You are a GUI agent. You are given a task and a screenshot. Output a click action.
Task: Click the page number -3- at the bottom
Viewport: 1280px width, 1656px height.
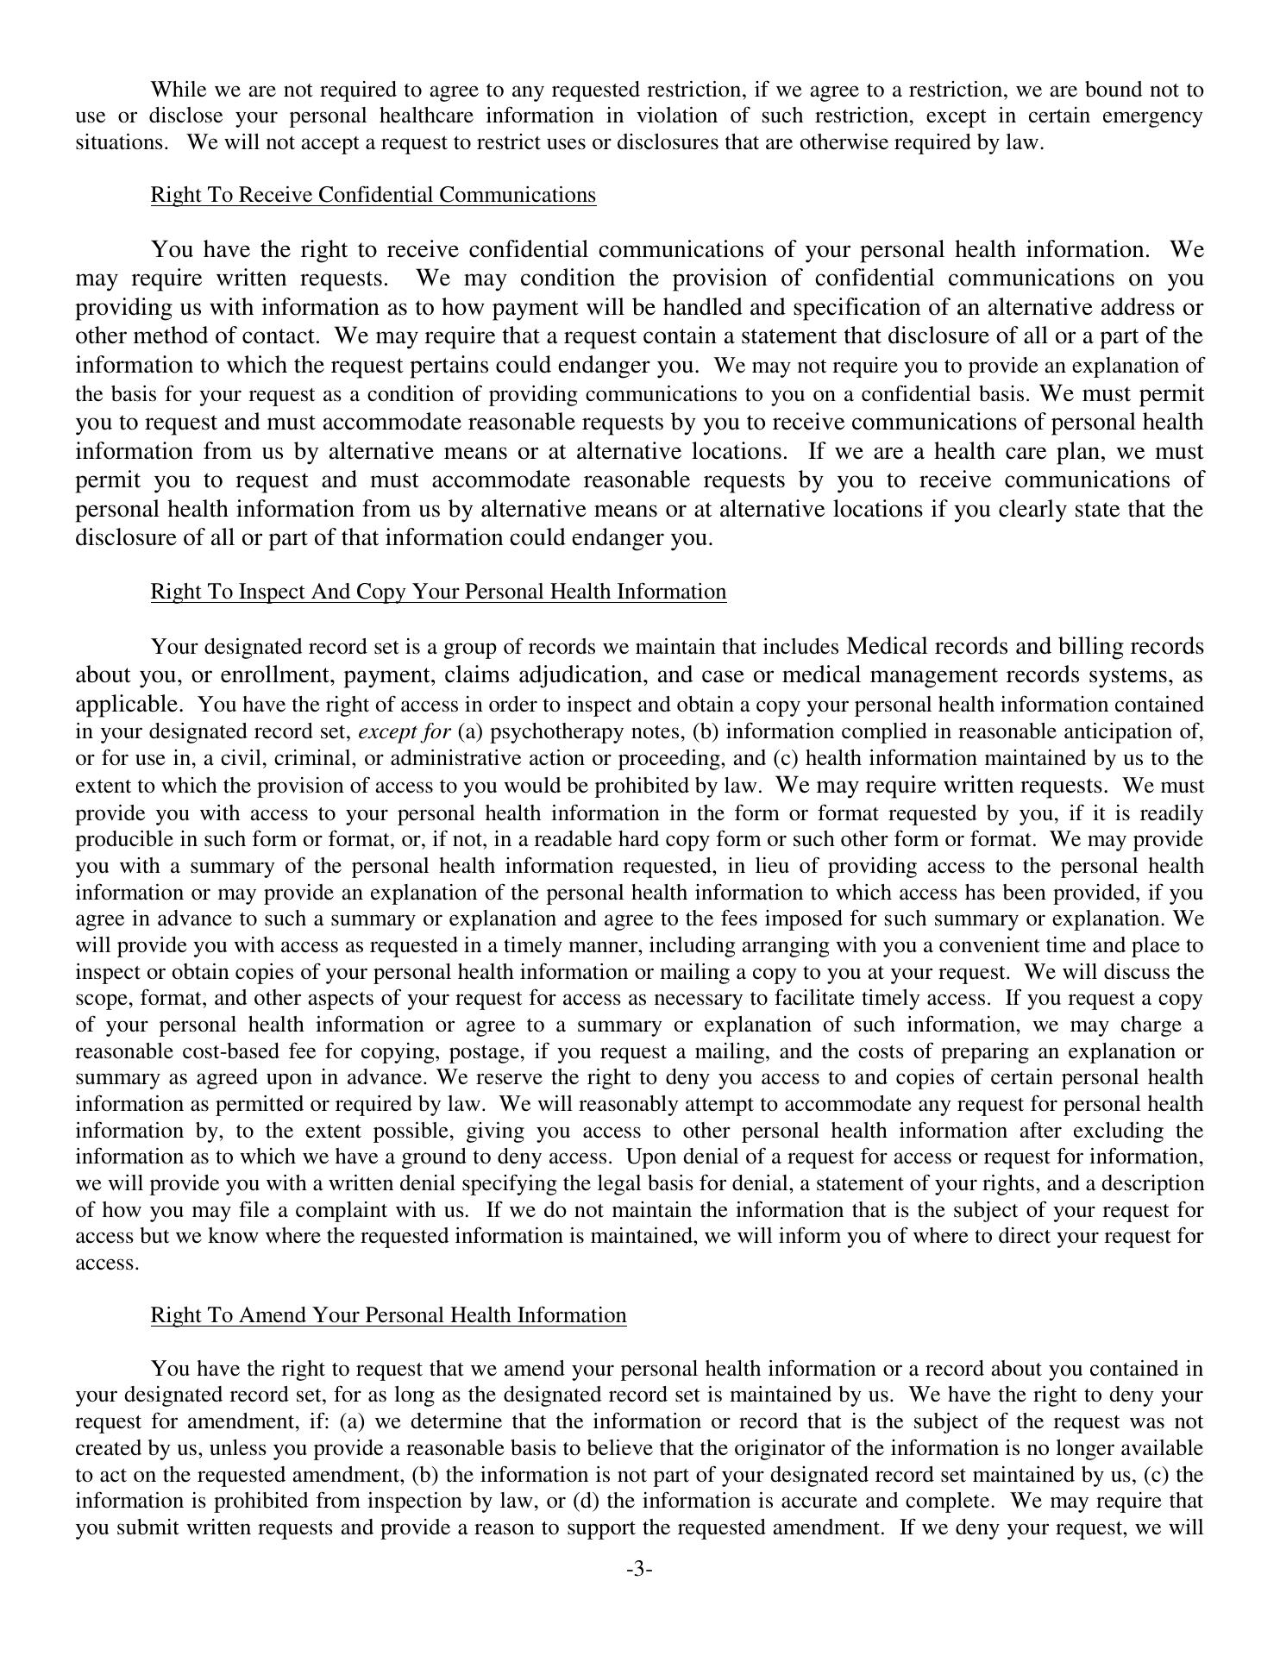639,1570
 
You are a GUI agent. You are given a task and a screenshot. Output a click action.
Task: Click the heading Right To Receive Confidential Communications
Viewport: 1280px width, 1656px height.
373,195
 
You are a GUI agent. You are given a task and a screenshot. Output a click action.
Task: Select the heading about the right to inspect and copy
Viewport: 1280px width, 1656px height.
438,592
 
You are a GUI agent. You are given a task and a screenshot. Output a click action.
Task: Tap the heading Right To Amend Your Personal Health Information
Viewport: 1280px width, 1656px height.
388,1315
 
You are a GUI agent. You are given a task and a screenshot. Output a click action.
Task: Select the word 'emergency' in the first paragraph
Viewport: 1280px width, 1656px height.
1153,116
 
